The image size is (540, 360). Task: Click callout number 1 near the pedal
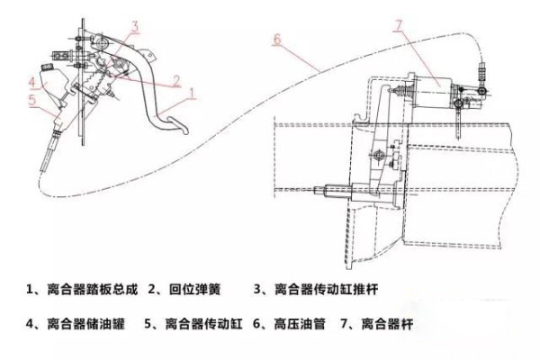193,93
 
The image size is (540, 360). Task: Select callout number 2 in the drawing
176,81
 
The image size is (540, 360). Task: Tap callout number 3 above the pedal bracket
135,27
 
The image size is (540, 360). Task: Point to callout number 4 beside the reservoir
32,82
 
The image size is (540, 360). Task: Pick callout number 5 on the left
32,100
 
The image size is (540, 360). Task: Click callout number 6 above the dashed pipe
277,40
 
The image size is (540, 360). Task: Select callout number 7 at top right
398,26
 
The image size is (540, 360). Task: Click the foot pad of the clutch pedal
177,125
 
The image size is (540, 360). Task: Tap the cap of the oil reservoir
46,67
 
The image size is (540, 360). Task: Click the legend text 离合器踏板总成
92,289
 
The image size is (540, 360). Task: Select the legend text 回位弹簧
194,289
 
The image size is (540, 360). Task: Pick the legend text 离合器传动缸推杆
326,289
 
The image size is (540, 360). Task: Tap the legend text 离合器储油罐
85,324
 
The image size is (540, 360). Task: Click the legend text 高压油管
300,324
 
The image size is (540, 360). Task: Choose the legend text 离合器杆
387,324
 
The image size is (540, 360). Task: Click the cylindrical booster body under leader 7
434,92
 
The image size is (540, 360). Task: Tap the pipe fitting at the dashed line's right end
482,71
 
